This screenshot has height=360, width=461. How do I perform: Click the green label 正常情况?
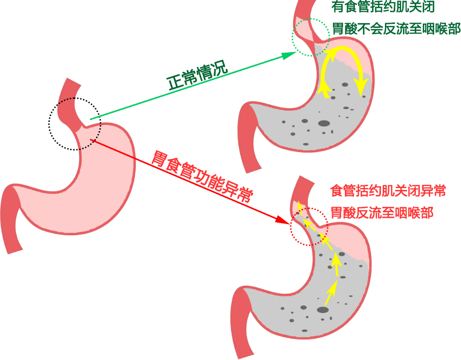click(197, 75)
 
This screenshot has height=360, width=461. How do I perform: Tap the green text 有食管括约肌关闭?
click(383, 7)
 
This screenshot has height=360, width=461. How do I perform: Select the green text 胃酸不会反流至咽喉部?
click(396, 29)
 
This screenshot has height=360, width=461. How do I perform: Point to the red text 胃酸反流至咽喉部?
click(382, 212)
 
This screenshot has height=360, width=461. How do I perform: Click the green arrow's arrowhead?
click(290, 55)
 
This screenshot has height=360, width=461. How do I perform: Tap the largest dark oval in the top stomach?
click(324, 123)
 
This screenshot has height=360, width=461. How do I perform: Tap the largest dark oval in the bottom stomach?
click(323, 310)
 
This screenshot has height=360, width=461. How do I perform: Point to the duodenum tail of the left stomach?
click(11, 221)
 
